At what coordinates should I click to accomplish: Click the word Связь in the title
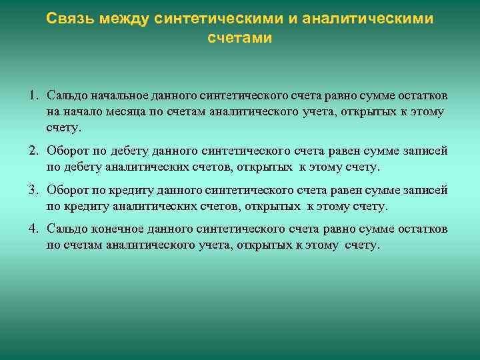(x=71, y=19)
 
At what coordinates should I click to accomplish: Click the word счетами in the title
(x=240, y=38)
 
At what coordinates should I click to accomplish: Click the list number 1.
(x=33, y=95)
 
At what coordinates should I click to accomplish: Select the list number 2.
(x=33, y=151)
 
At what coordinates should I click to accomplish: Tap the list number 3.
(x=33, y=191)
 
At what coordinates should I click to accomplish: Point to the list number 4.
(x=33, y=230)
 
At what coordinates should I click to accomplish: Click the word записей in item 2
(x=426, y=151)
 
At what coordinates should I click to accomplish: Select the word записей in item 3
(x=426, y=191)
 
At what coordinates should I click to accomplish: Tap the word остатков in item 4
(x=425, y=230)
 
